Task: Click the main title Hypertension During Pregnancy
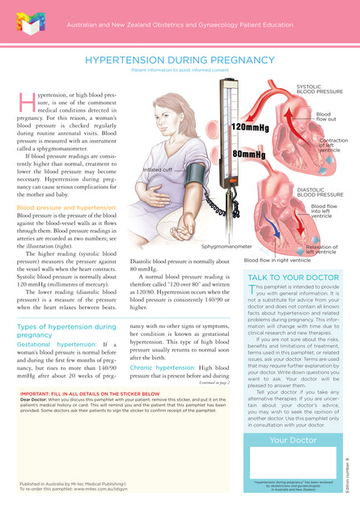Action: (x=180, y=61)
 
